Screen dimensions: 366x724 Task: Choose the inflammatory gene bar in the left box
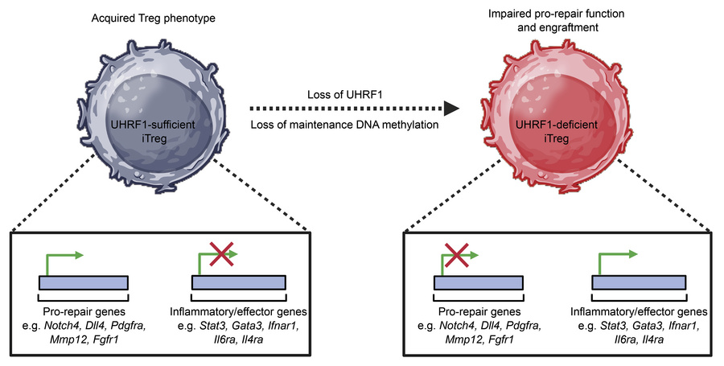click(x=238, y=282)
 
